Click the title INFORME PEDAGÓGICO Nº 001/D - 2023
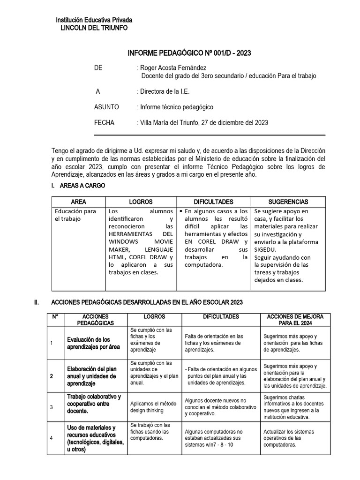189,53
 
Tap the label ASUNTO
106,107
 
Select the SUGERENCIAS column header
288,202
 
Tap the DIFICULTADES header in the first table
213,202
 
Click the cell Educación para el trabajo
75,215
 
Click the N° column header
55,317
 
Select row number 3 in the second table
52,406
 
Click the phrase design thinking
147,411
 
